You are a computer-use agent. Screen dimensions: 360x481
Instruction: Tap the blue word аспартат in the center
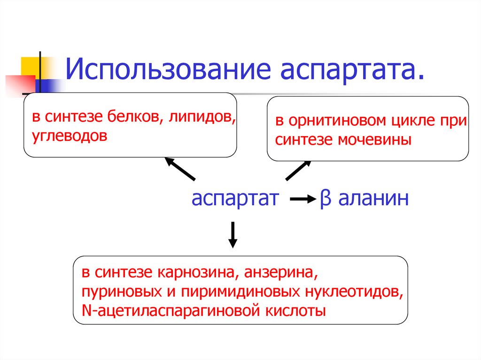(235, 199)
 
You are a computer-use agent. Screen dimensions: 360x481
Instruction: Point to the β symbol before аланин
(326, 199)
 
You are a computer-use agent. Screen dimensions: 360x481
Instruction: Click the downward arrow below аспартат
(233, 235)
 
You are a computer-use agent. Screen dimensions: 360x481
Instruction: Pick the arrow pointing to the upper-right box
(298, 170)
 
